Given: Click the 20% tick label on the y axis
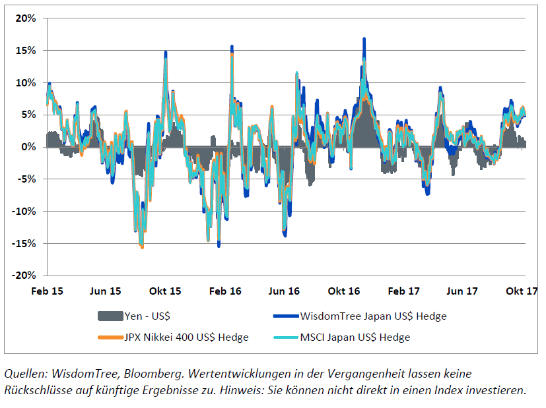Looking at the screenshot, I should (x=25, y=18).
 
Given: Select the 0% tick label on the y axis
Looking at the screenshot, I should (x=28, y=147).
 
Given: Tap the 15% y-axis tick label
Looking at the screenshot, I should (x=25, y=50).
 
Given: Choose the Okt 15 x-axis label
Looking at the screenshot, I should (x=165, y=291).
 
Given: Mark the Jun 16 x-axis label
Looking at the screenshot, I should (x=285, y=291).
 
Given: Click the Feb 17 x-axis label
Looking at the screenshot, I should (x=404, y=291).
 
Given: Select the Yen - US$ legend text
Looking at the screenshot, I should (x=151, y=316).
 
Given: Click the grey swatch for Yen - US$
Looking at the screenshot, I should (x=110, y=316).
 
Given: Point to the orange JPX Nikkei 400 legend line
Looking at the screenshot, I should (x=110, y=337).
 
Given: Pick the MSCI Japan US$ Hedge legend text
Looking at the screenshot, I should (x=355, y=337).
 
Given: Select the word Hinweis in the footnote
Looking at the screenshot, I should (x=271, y=390).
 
